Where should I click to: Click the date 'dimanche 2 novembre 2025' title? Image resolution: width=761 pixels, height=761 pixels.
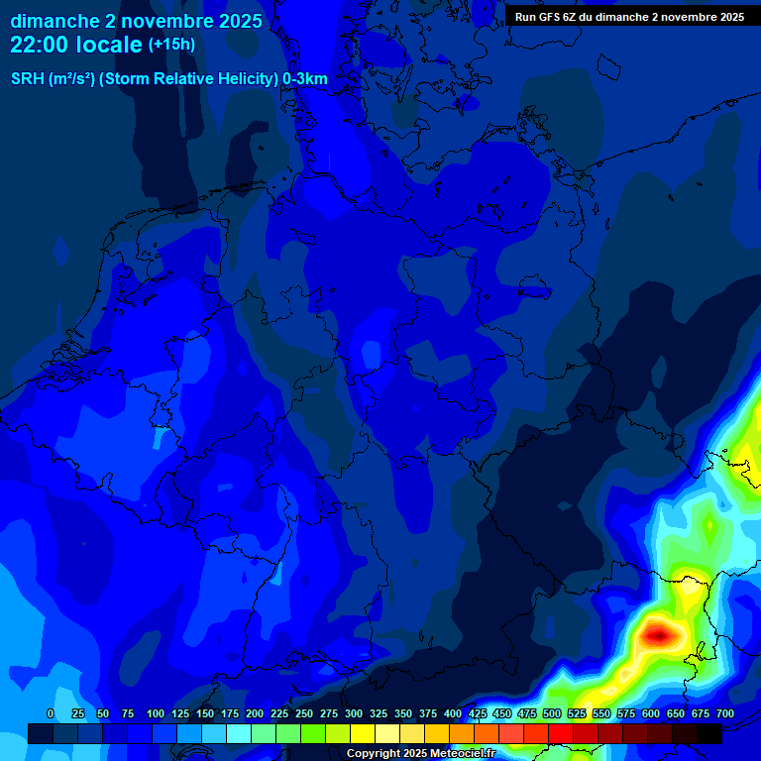coord(136,21)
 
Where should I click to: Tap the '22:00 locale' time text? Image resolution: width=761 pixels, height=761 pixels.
coord(76,45)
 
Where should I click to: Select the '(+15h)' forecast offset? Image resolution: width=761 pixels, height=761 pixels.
coord(171,45)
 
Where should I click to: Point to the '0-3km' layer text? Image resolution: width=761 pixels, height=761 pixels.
coord(305,79)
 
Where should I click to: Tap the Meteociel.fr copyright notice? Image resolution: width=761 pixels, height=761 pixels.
coord(420,753)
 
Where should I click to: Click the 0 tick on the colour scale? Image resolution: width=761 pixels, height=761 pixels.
coord(51,713)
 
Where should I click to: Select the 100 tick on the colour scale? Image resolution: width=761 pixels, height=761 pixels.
coord(155,713)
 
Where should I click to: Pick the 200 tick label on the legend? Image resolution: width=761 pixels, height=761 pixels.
coord(254,713)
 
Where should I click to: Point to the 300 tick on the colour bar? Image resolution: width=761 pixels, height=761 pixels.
coord(354,713)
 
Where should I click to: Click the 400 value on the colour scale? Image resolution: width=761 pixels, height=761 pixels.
coord(453,713)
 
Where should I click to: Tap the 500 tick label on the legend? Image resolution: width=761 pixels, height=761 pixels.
coord(552,713)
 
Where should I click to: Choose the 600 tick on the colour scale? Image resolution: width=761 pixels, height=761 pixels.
coord(651,713)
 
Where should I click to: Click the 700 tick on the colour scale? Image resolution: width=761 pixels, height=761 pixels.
coord(724,713)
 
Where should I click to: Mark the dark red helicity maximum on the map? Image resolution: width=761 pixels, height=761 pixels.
coord(657,634)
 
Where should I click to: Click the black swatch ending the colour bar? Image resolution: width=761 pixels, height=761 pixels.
coord(709,733)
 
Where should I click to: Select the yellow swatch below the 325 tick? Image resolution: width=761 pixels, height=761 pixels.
coord(363,733)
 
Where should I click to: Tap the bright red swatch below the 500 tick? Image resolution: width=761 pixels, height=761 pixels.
coord(561,733)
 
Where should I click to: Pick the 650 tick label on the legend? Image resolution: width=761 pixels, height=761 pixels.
coord(675,713)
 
